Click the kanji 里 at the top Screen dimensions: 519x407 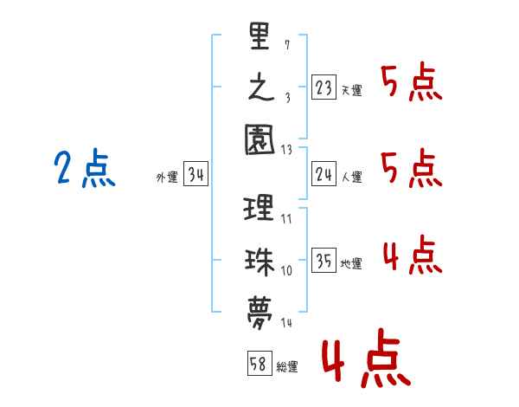pos(259,36)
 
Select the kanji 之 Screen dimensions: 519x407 pos(261,87)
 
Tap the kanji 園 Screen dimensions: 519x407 pos(259,139)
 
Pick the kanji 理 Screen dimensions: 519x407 pos(259,208)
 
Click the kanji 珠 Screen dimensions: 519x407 pos(259,262)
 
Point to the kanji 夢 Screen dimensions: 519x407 pos(259,313)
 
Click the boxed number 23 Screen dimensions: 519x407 pos(324,87)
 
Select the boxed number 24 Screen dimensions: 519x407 pos(324,174)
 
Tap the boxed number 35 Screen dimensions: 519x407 pos(324,260)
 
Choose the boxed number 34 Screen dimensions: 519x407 pos(195,174)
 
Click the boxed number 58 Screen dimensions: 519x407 pos(259,363)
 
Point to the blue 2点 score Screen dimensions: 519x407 pos(85,168)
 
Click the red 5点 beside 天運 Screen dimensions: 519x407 pos(412,81)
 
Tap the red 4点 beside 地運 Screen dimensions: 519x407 pos(413,255)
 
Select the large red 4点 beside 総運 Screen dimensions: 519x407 pos(367,358)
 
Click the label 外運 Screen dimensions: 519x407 pos(167,177)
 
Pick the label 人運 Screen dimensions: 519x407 pos(352,177)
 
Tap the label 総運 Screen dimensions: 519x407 pos(287,366)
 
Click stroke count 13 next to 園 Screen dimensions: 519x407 pos(286,150)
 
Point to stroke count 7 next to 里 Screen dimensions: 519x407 pos(287,45)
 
